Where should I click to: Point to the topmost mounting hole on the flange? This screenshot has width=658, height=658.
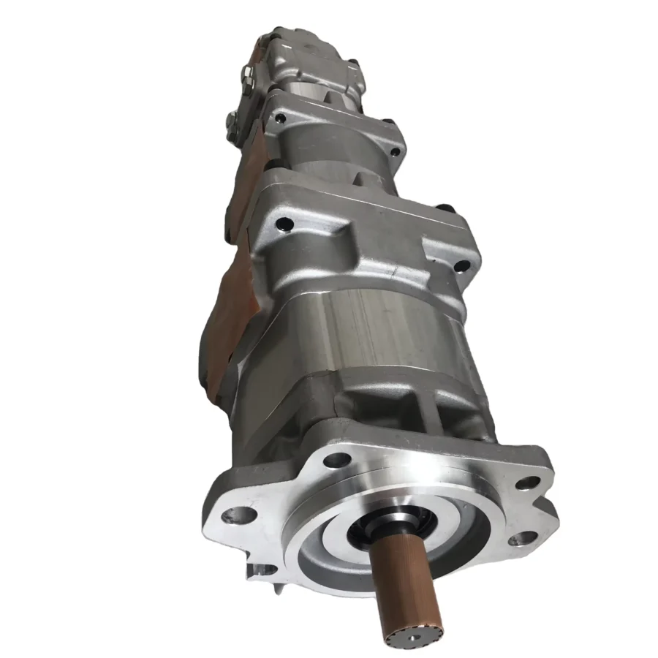click(x=336, y=460)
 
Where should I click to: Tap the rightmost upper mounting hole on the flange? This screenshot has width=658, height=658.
click(x=528, y=483)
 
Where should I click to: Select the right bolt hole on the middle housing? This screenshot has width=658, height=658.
click(x=395, y=152)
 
